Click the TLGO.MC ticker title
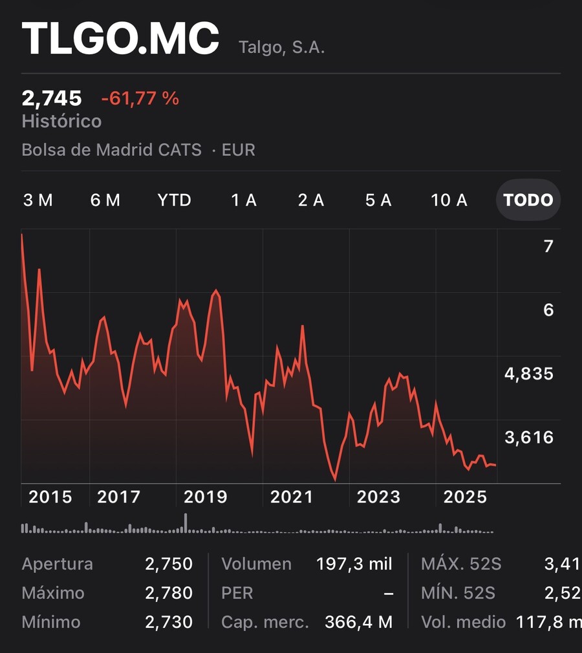pos(120,38)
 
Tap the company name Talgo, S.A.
pos(282,47)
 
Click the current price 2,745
pos(52,99)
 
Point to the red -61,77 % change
pos(140,99)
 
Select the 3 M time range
pos(38,200)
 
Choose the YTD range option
pos(174,200)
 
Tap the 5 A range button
pos(378,200)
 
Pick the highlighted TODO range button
pos(528,200)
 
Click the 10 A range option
pos(449,200)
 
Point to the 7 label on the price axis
pos(548,246)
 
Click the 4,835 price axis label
pos(529,374)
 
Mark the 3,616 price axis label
pos(529,437)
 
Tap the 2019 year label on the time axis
pos(206,497)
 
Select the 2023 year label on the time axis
pos(378,497)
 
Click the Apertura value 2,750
pos(169,564)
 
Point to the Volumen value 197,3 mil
pos(354,564)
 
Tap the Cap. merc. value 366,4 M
pos(359,622)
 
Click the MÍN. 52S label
pos(458,593)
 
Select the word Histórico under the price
pos(61,121)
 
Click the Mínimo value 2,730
pos(169,622)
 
